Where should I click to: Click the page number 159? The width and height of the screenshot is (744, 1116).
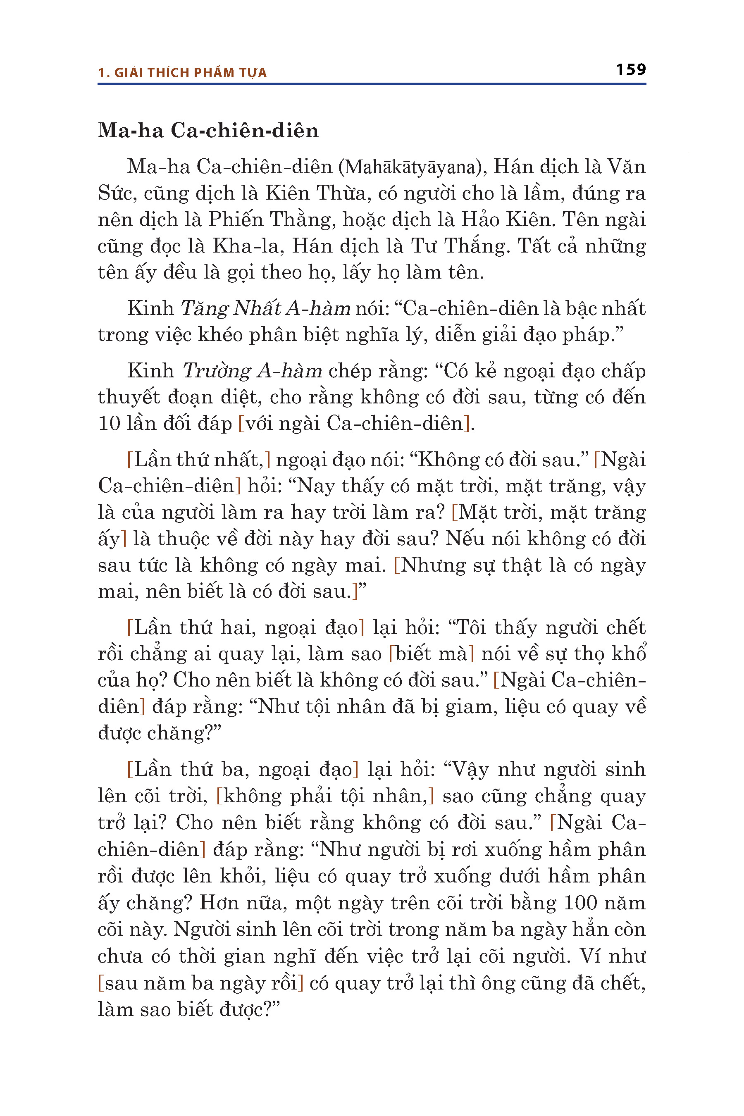point(631,70)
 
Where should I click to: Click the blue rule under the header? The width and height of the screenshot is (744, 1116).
point(372,84)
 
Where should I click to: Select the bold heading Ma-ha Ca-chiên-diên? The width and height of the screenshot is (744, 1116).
point(208,131)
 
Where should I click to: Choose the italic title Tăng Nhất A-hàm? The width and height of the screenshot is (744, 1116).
point(265,308)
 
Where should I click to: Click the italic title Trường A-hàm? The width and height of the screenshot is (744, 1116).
point(253,371)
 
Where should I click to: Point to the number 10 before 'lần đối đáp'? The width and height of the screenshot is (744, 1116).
point(109,423)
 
